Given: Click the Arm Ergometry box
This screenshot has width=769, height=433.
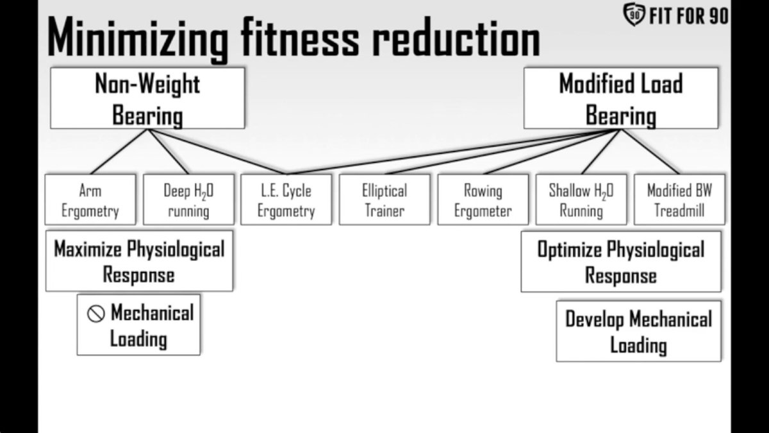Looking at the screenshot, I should tap(90, 200).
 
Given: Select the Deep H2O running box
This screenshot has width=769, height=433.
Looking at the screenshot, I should tap(188, 200).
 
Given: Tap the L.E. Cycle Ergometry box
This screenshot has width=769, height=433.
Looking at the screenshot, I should tap(286, 200).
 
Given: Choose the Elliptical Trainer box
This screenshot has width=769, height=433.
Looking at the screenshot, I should tap(384, 200).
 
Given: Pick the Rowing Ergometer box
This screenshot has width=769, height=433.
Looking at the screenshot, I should tap(483, 200).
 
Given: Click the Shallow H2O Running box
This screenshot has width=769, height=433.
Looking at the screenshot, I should tap(581, 200).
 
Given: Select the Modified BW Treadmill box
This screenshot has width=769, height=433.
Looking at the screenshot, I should tap(679, 200).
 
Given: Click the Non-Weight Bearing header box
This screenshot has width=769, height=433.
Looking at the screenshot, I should tap(147, 98).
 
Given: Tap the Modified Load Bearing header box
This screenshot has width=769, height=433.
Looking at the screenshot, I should tap(620, 98).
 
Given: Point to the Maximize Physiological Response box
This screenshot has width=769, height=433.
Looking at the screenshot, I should tap(139, 261).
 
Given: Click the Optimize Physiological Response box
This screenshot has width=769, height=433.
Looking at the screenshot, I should tap(620, 262).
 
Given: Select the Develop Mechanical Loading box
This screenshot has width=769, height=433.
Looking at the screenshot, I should tap(638, 331).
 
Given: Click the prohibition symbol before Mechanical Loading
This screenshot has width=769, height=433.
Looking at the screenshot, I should tap(95, 314).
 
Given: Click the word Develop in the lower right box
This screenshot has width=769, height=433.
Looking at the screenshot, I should tap(594, 319).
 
